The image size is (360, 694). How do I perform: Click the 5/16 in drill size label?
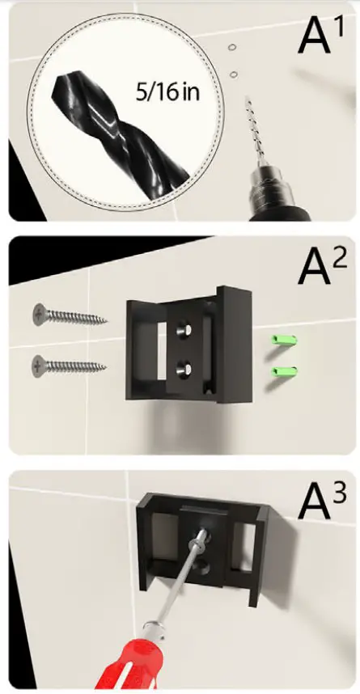pyautogui.click(x=167, y=92)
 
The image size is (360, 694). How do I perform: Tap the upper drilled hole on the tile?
pyautogui.click(x=231, y=47)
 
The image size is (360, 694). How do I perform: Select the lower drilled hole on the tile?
pyautogui.click(x=235, y=74)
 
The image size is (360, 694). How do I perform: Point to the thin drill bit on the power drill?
pyautogui.click(x=255, y=129)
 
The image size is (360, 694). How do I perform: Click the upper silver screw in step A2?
pyautogui.click(x=70, y=315)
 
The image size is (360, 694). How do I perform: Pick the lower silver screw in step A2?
pyautogui.click(x=69, y=366)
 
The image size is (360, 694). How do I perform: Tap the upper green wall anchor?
pyautogui.click(x=284, y=341)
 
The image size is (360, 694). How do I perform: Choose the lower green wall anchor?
pyautogui.click(x=284, y=372)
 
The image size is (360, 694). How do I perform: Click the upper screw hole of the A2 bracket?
pyautogui.click(x=184, y=330)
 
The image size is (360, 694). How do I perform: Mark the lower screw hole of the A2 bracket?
pyautogui.click(x=184, y=368)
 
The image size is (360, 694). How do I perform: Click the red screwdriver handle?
pyautogui.click(x=129, y=664)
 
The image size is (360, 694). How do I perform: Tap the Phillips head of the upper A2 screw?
pyautogui.click(x=40, y=315)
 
